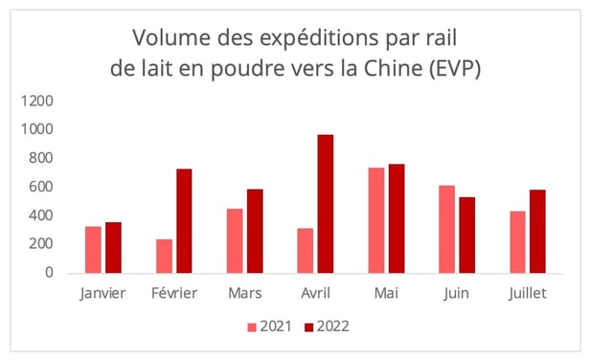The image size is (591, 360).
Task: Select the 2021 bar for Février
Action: (164, 256)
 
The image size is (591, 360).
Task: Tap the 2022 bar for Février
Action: (184, 220)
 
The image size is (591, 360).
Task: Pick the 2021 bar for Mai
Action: (376, 220)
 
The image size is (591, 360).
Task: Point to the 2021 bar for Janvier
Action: (93, 249)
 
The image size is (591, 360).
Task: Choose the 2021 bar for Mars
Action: (235, 240)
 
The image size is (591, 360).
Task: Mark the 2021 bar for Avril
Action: (306, 250)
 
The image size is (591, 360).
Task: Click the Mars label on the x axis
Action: (244, 294)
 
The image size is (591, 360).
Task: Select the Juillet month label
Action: (528, 294)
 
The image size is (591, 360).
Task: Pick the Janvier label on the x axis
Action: (102, 294)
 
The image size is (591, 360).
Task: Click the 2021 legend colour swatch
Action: (252, 327)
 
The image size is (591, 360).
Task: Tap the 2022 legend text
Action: (330, 327)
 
